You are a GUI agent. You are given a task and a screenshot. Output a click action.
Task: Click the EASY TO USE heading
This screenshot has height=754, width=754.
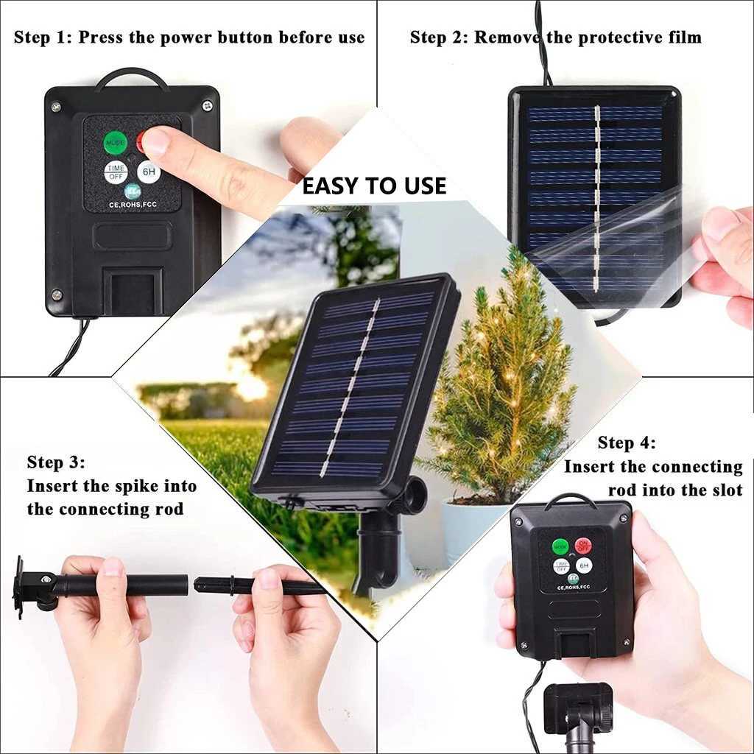tap(374, 186)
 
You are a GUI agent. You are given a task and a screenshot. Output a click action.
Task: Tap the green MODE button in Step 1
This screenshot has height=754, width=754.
tap(115, 141)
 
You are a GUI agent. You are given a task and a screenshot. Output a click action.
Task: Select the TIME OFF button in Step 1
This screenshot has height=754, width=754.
tap(115, 172)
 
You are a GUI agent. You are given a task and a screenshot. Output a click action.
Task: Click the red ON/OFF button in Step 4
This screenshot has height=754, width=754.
tap(583, 546)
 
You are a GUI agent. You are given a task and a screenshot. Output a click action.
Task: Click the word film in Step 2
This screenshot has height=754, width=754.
tap(681, 37)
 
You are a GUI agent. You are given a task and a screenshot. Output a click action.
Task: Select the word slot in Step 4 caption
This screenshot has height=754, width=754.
tap(722, 490)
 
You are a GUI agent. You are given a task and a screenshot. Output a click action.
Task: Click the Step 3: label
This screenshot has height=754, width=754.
tap(56, 462)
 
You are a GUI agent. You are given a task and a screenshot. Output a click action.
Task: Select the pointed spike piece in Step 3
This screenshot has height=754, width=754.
tap(258, 586)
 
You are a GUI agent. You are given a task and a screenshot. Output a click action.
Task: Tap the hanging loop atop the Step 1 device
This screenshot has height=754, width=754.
tap(132, 77)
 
